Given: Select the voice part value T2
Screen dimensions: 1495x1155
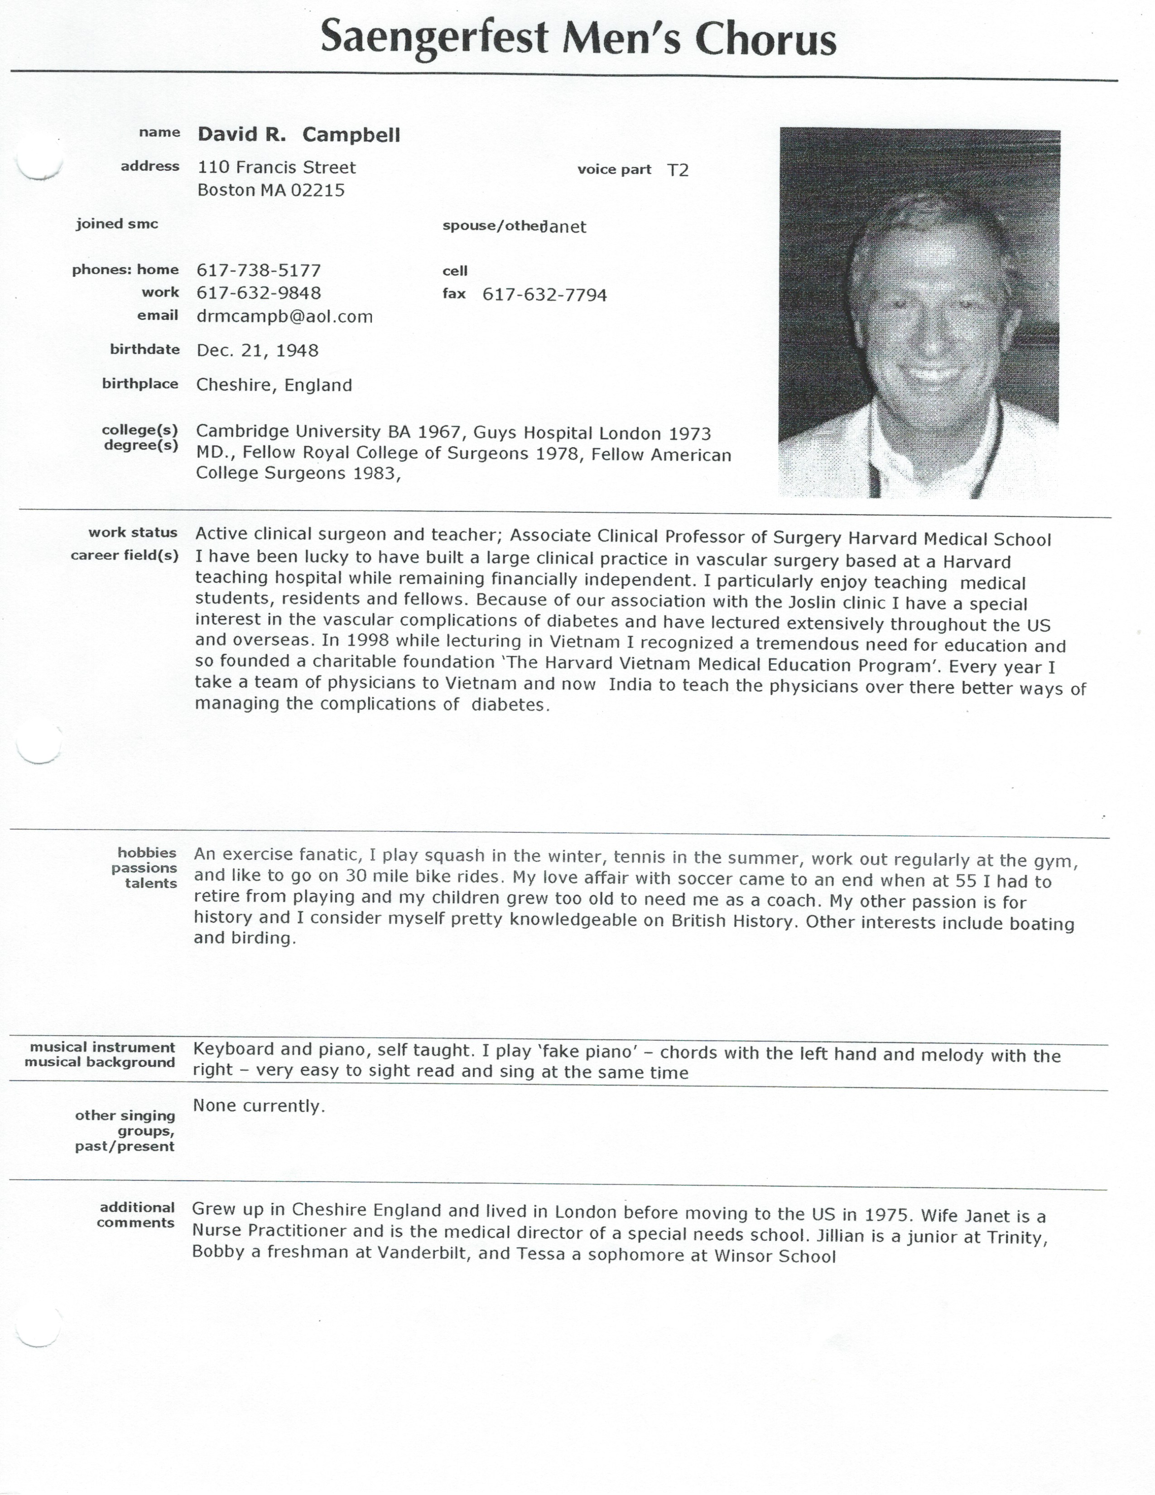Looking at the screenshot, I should pyautogui.click(x=678, y=170).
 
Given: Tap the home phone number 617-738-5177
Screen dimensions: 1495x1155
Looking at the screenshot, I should pyautogui.click(x=259, y=270).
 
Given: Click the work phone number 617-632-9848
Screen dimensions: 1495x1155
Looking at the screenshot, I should pyautogui.click(x=259, y=293).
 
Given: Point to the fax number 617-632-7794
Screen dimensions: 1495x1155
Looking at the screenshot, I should pyautogui.click(x=544, y=295).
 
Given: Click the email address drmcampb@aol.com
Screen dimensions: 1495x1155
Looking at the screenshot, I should pyautogui.click(x=284, y=316).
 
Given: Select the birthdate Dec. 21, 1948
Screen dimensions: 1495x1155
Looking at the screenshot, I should pyautogui.click(x=257, y=351).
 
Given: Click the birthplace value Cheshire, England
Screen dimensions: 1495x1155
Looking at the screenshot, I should pyautogui.click(x=274, y=385).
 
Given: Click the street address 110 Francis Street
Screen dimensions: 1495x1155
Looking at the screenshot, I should pyautogui.click(x=276, y=168).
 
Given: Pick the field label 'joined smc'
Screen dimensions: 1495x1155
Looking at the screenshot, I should pyautogui.click(x=117, y=224).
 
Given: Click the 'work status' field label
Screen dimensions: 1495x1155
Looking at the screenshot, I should pyautogui.click(x=133, y=533).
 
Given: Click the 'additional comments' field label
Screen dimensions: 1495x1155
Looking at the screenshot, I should pyautogui.click(x=136, y=1215).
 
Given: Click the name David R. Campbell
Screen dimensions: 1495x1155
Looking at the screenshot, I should pyautogui.click(x=299, y=135).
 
